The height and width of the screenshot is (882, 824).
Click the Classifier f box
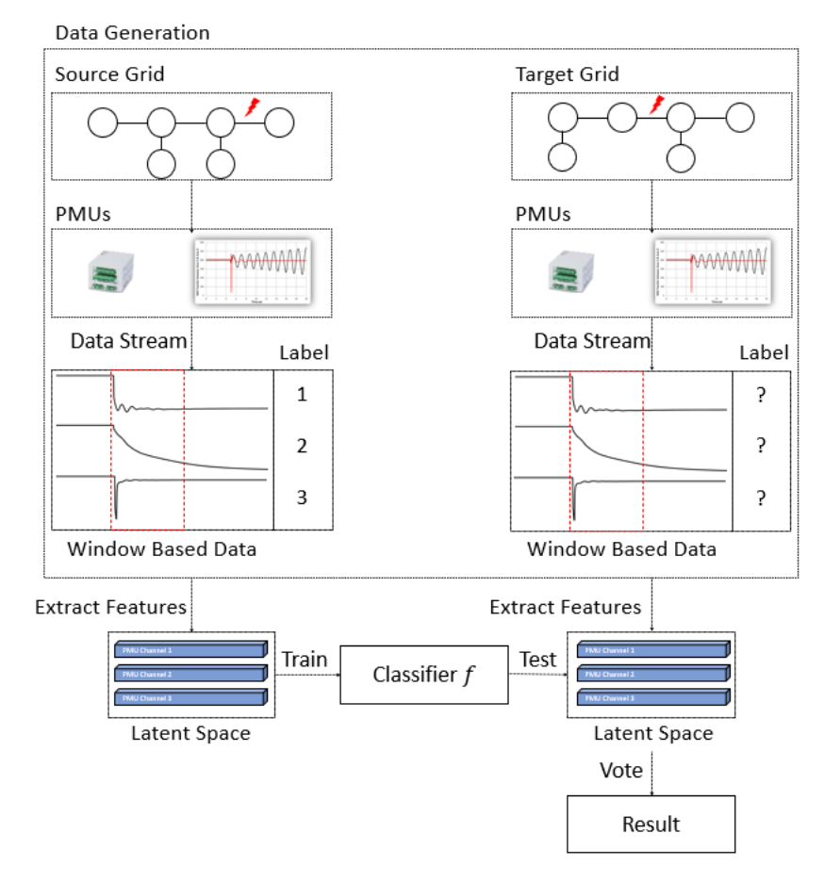(424, 675)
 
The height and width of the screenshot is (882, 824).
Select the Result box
(651, 825)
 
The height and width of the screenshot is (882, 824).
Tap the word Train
(305, 660)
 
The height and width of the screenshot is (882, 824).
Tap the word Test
(537, 660)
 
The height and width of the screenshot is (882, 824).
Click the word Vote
(621, 770)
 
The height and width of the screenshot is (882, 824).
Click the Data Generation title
(132, 33)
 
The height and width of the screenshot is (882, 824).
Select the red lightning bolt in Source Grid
(252, 107)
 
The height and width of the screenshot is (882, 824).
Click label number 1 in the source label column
(303, 395)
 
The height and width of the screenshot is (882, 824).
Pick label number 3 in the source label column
(303, 498)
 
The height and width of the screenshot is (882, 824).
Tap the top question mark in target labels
(761, 396)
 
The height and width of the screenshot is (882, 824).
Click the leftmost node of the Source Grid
(103, 122)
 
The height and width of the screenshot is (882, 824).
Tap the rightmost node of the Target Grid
(739, 118)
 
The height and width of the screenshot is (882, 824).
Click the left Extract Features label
(110, 608)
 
